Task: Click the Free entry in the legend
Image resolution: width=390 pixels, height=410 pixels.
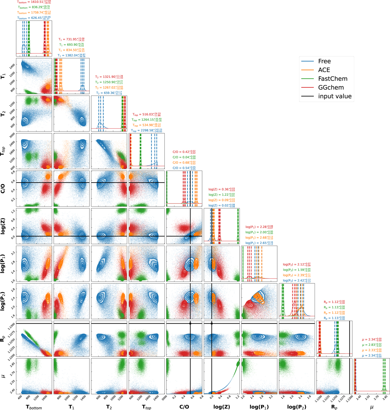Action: point(324,61)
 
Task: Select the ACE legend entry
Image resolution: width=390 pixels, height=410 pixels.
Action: point(324,70)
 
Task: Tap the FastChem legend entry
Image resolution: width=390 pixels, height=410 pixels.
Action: point(333,79)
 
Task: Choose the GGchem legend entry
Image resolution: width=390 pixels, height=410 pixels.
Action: point(331,87)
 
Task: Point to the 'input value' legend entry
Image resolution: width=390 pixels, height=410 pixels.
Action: point(335,96)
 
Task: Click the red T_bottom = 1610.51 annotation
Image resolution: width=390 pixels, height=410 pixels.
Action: point(34,2)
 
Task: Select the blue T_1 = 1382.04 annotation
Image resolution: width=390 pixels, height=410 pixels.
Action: point(71,56)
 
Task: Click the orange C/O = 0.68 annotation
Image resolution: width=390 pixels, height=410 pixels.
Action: point(184,162)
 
